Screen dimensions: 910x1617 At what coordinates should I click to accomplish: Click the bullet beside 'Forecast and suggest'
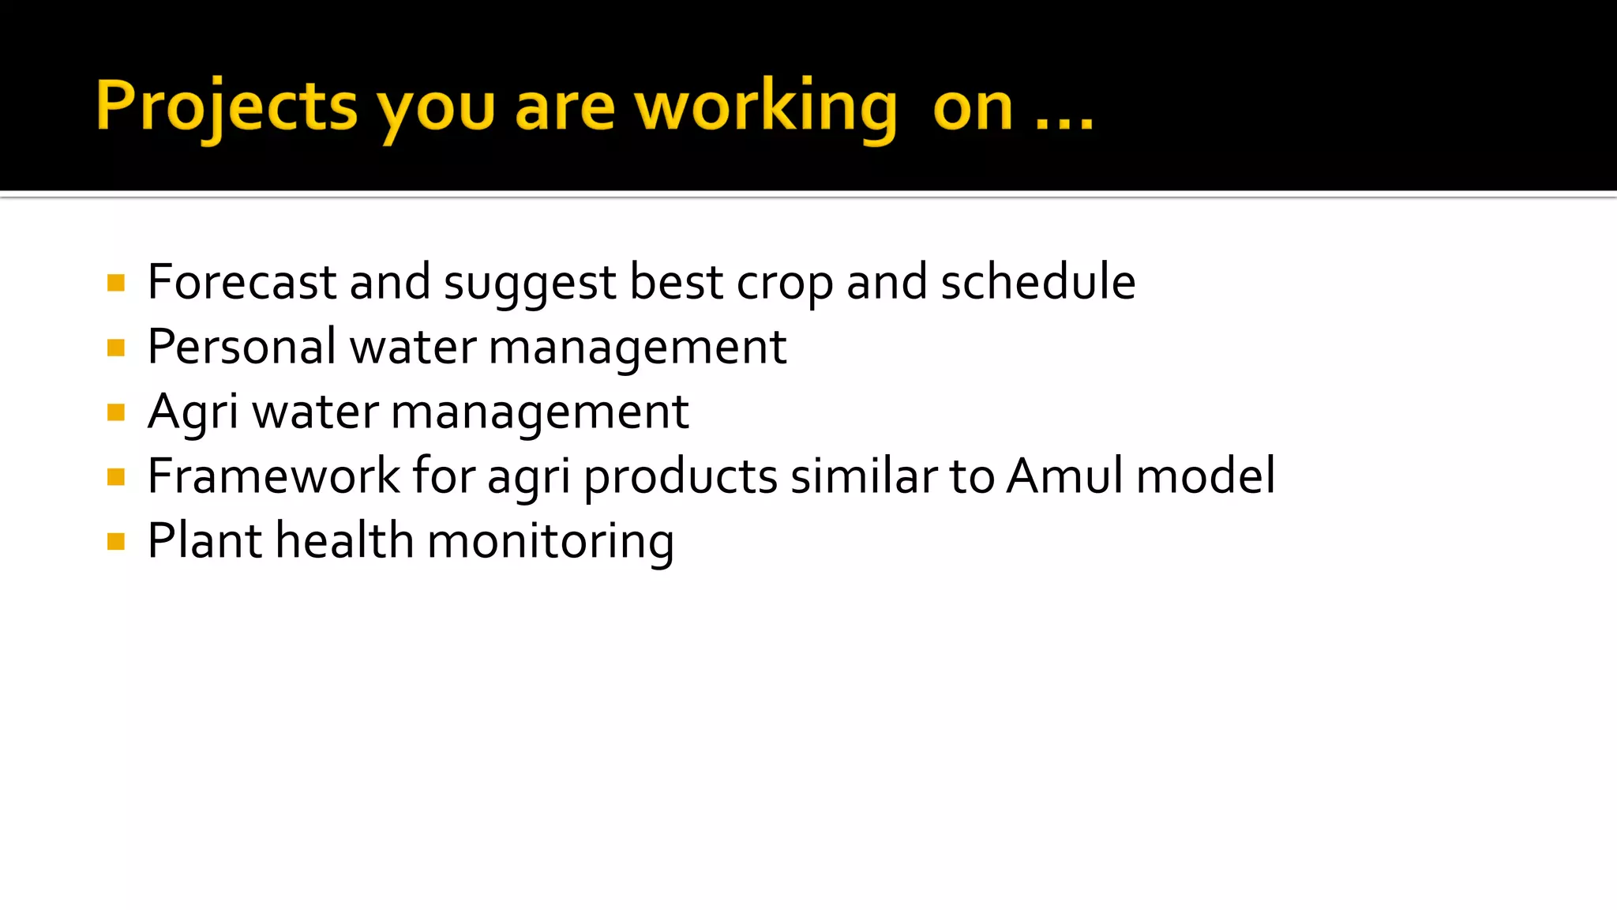click(116, 283)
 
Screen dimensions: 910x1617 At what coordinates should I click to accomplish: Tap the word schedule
click(1037, 282)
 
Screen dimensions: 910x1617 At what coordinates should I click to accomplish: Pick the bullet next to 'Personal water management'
click(116, 348)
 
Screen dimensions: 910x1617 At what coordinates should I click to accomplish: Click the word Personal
click(242, 348)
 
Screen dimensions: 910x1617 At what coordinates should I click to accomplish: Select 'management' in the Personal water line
click(637, 348)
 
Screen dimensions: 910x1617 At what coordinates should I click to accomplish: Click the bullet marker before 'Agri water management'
click(116, 412)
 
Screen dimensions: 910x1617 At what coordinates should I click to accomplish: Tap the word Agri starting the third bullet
click(193, 413)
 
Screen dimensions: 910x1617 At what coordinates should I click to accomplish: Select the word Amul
click(1064, 476)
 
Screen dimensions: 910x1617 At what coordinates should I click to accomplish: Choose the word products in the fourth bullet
click(681, 478)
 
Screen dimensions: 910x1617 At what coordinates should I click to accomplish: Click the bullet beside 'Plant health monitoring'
click(116, 542)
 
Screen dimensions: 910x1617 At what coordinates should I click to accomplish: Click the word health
click(344, 541)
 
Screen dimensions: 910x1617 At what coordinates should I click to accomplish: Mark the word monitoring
click(550, 543)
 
